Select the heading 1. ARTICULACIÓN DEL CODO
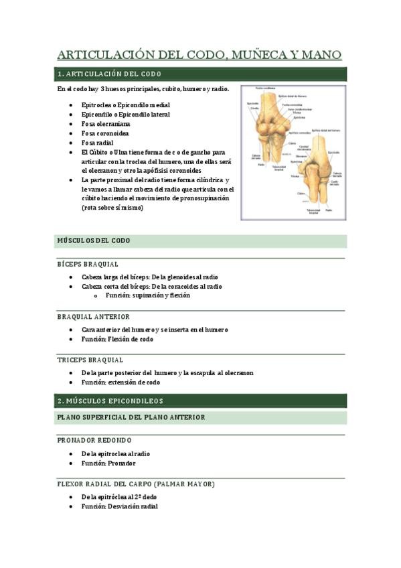[109, 74]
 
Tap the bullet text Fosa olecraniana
[106, 124]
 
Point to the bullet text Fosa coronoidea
[105, 133]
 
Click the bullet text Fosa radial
[97, 143]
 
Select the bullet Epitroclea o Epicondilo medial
[125, 105]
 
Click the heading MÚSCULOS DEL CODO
[94, 240]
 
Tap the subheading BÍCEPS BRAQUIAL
[88, 265]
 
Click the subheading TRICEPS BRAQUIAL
[90, 360]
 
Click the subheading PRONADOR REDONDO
[94, 440]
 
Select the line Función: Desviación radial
[119, 506]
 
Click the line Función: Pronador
[108, 463]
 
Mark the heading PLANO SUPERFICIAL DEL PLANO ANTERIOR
[131, 417]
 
